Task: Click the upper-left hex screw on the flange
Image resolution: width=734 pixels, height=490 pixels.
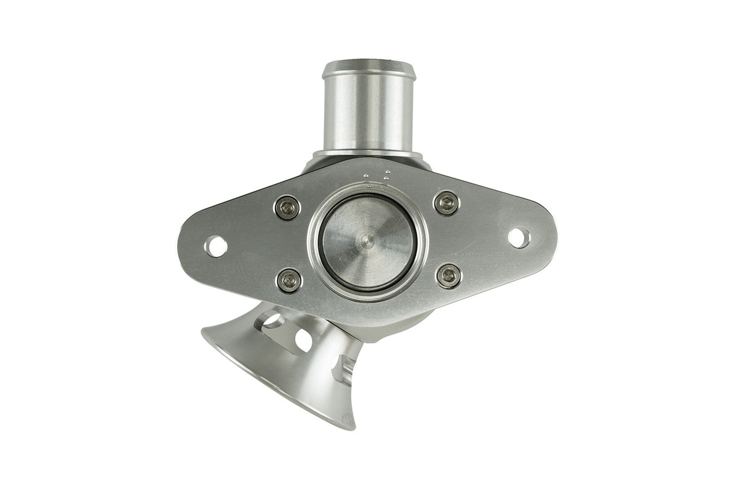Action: (x=288, y=208)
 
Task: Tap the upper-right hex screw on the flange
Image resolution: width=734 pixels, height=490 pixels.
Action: (x=447, y=203)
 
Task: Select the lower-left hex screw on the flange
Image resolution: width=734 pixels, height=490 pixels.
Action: (x=289, y=280)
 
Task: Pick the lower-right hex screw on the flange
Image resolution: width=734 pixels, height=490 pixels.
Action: (x=449, y=276)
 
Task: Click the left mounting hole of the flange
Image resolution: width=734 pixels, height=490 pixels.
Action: (x=216, y=246)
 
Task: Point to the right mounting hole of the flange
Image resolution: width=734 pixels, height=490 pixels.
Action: (x=519, y=237)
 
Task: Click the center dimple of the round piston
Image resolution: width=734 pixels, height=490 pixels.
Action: (x=364, y=241)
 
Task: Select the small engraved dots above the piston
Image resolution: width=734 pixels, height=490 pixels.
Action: (x=376, y=176)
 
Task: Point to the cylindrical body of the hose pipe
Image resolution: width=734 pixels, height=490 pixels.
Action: (x=367, y=115)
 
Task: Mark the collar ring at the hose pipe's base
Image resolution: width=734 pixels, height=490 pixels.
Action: (x=367, y=154)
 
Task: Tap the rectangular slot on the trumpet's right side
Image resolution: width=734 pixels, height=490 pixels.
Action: (x=344, y=368)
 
